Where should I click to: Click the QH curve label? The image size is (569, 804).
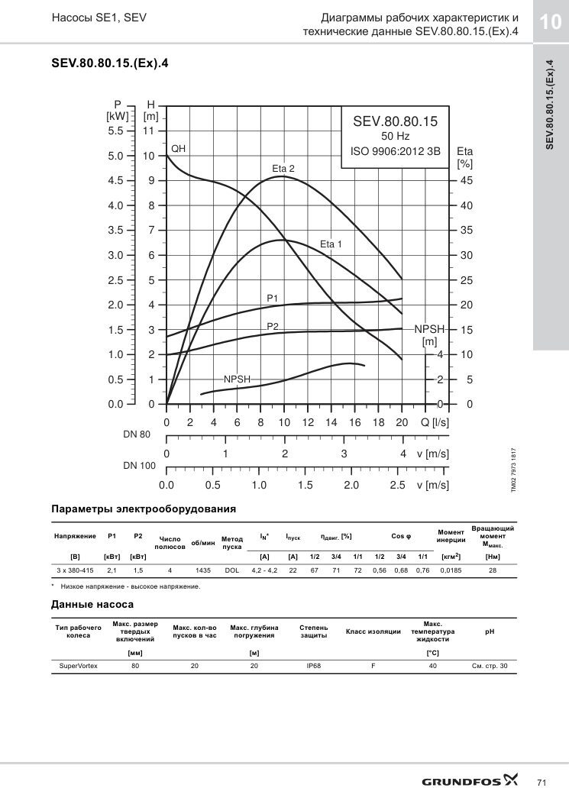tap(178, 149)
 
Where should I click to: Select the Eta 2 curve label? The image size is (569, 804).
tap(283, 169)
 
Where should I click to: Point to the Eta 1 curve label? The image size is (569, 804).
tap(331, 244)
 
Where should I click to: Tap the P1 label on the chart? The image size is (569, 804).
tap(272, 298)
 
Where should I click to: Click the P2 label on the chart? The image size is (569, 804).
tap(273, 326)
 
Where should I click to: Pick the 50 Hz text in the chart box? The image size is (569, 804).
tap(395, 137)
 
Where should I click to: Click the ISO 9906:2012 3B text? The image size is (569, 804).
tap(395, 151)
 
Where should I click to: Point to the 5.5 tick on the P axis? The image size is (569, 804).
tap(115, 131)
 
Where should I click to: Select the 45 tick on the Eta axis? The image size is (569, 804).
tap(467, 180)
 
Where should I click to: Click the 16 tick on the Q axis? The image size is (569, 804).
tap(354, 422)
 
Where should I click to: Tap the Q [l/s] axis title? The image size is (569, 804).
tap(435, 422)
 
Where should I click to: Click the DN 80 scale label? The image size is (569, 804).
tap(137, 434)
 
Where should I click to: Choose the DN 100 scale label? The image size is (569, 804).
tap(139, 466)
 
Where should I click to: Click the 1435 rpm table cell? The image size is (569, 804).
tap(203, 570)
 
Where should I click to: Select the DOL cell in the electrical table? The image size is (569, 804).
tap(232, 570)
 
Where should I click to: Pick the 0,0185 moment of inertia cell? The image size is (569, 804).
tap(451, 570)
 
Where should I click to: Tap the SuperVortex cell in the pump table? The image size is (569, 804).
tap(79, 666)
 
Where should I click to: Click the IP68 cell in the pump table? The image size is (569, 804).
tap(313, 666)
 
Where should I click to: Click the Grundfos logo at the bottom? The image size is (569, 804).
tap(470, 780)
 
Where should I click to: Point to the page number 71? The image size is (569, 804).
tap(542, 783)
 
